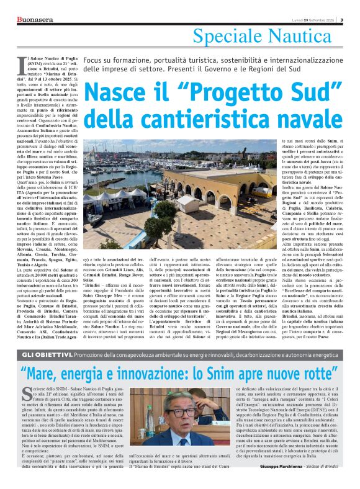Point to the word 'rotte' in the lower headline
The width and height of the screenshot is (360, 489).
[x=326, y=374]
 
